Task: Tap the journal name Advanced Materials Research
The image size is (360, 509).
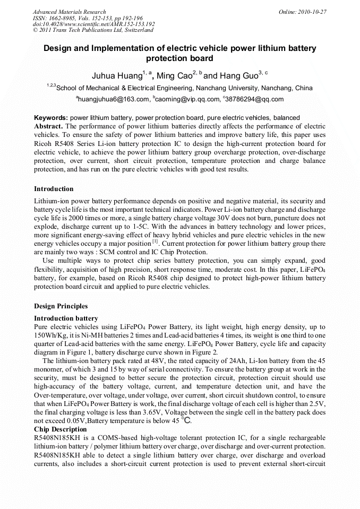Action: pyautogui.click(x=69, y=12)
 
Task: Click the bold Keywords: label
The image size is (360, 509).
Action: pyautogui.click(x=51, y=118)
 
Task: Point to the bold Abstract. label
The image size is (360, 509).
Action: pyautogui.click(x=48, y=126)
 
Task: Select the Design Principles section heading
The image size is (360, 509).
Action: pyautogui.click(x=61, y=306)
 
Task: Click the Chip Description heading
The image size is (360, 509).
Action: pyautogui.click(x=60, y=429)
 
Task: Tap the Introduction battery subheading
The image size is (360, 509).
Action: pyautogui.click(x=66, y=318)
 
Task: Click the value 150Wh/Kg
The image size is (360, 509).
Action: pyautogui.click(x=50, y=335)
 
